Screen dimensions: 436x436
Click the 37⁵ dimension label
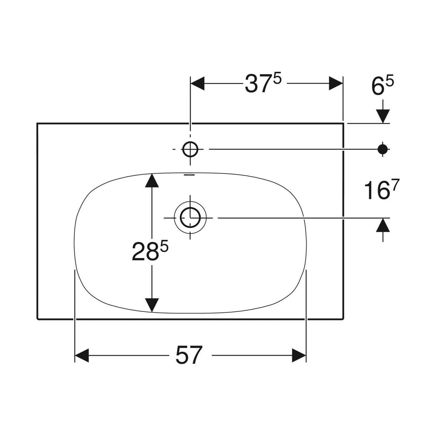pos(263,84)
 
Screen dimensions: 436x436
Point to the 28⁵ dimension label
pos(150,250)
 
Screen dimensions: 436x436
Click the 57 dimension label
pos(189,355)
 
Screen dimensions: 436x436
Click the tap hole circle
pos(190,149)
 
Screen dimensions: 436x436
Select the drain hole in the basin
pos(190,218)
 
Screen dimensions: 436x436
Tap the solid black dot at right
pos(383,149)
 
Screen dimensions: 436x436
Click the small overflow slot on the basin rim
pos(190,175)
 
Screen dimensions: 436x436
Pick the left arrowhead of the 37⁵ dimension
pos(198,83)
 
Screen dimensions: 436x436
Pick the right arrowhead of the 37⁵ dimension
pos(336,83)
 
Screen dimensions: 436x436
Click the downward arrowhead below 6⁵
pos(383,116)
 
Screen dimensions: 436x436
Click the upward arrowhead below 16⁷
pos(383,225)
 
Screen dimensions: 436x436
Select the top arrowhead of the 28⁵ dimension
pos(152,181)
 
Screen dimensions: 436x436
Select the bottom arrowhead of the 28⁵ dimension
pos(152,305)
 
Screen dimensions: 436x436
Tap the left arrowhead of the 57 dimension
pos(82,355)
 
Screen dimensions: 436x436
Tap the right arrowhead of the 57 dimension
pos(299,355)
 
